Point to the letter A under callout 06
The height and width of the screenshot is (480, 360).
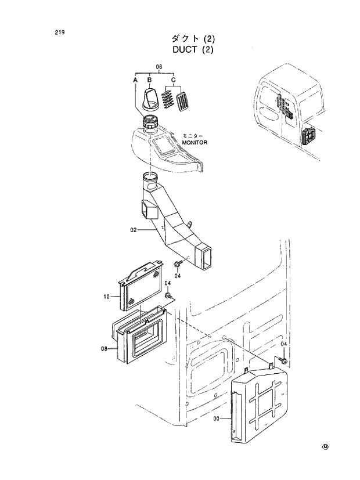click(135, 79)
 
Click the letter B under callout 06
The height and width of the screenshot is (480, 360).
click(150, 79)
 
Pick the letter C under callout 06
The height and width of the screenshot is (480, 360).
click(173, 79)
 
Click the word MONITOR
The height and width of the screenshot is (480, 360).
click(195, 142)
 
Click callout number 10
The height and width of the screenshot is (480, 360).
click(107, 297)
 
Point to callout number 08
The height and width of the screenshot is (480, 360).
click(104, 348)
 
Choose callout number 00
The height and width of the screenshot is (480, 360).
click(217, 417)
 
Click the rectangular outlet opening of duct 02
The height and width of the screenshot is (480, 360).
click(206, 257)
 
